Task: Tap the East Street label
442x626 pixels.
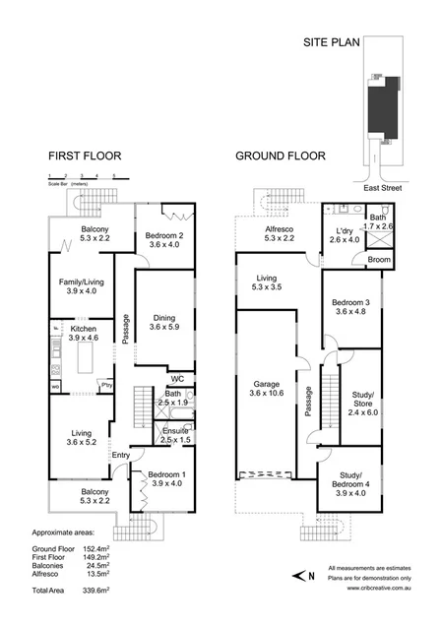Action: pos(378,186)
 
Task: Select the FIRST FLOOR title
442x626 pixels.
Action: pos(85,157)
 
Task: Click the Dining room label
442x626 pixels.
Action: pos(164,318)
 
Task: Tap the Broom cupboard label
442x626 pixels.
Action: pos(379,259)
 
